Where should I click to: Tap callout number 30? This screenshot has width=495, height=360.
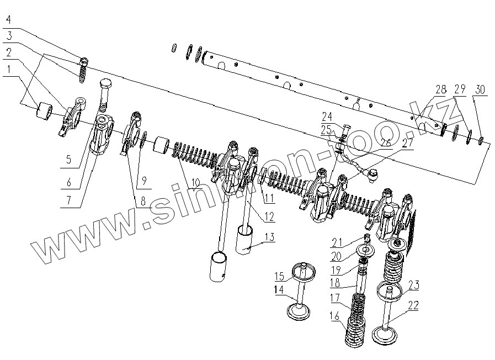(480, 89)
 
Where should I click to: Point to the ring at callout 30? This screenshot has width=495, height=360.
(482, 140)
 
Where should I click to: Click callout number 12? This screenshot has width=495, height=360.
(269, 217)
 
